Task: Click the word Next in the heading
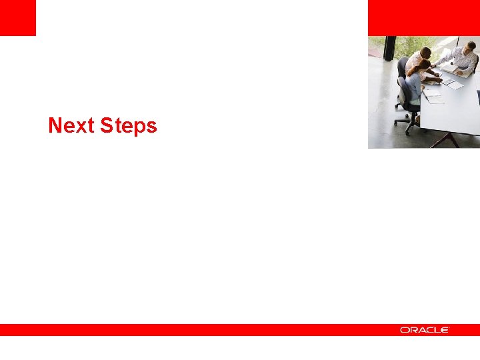(x=71, y=125)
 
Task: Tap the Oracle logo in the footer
(x=425, y=330)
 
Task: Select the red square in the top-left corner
(x=17, y=17)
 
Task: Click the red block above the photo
(x=423, y=17)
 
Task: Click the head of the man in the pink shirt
(x=425, y=52)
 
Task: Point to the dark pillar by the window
(x=390, y=48)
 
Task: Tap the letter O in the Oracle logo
(x=404, y=330)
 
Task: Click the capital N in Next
(x=55, y=125)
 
